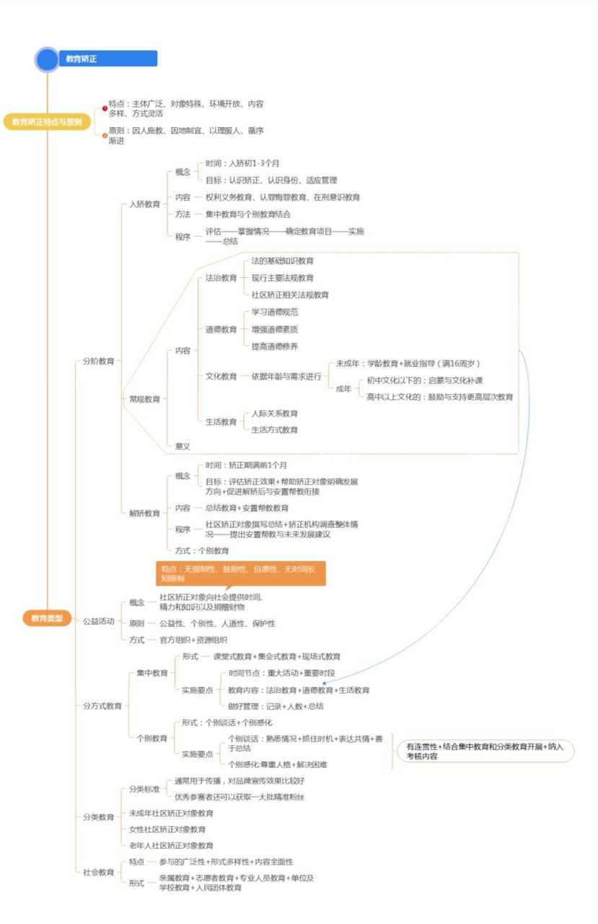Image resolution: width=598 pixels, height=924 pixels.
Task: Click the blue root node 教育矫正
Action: (108, 58)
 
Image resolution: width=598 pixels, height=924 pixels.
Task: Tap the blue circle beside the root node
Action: (47, 59)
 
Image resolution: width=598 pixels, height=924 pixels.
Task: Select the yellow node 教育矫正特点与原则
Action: (47, 122)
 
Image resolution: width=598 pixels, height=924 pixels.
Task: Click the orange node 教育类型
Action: (47, 618)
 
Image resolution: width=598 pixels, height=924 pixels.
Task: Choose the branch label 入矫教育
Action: (145, 204)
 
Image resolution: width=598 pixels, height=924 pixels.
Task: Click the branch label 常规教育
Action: (145, 398)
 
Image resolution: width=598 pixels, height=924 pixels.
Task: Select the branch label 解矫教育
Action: (145, 513)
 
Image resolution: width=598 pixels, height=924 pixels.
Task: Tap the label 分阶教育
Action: (98, 360)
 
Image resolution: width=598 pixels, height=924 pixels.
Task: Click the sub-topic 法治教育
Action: (221, 278)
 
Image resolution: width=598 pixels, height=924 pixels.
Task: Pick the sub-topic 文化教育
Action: (221, 376)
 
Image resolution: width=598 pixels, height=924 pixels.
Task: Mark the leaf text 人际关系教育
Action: (274, 414)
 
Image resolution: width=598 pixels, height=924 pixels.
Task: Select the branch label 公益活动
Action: (98, 621)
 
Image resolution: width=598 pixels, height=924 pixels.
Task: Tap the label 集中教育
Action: (152, 673)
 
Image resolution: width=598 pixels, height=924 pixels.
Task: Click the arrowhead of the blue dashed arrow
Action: (324, 682)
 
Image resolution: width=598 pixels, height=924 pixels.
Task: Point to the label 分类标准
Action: (144, 789)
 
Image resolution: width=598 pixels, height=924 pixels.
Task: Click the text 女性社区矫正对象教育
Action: (167, 829)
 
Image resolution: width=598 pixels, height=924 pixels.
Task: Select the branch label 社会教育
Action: (98, 872)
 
